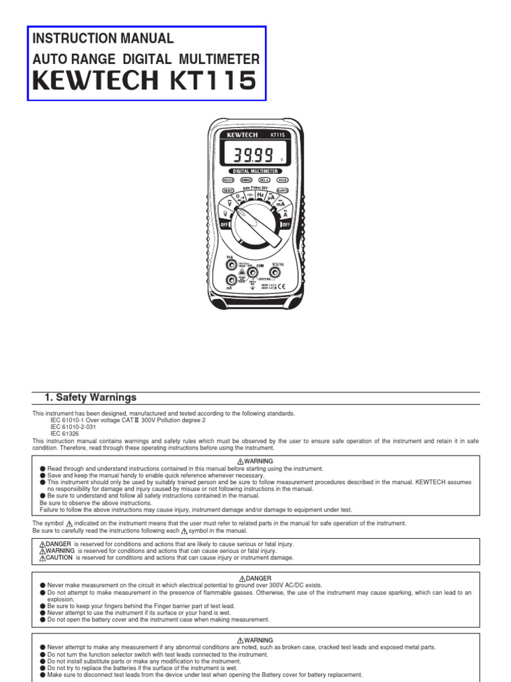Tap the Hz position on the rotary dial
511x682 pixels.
click(260, 194)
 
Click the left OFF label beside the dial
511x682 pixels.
click(224, 225)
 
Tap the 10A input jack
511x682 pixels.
click(230, 264)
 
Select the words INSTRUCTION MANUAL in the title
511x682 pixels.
click(103, 38)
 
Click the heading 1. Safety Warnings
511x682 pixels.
click(90, 398)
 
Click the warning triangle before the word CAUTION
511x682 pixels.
click(41, 557)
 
